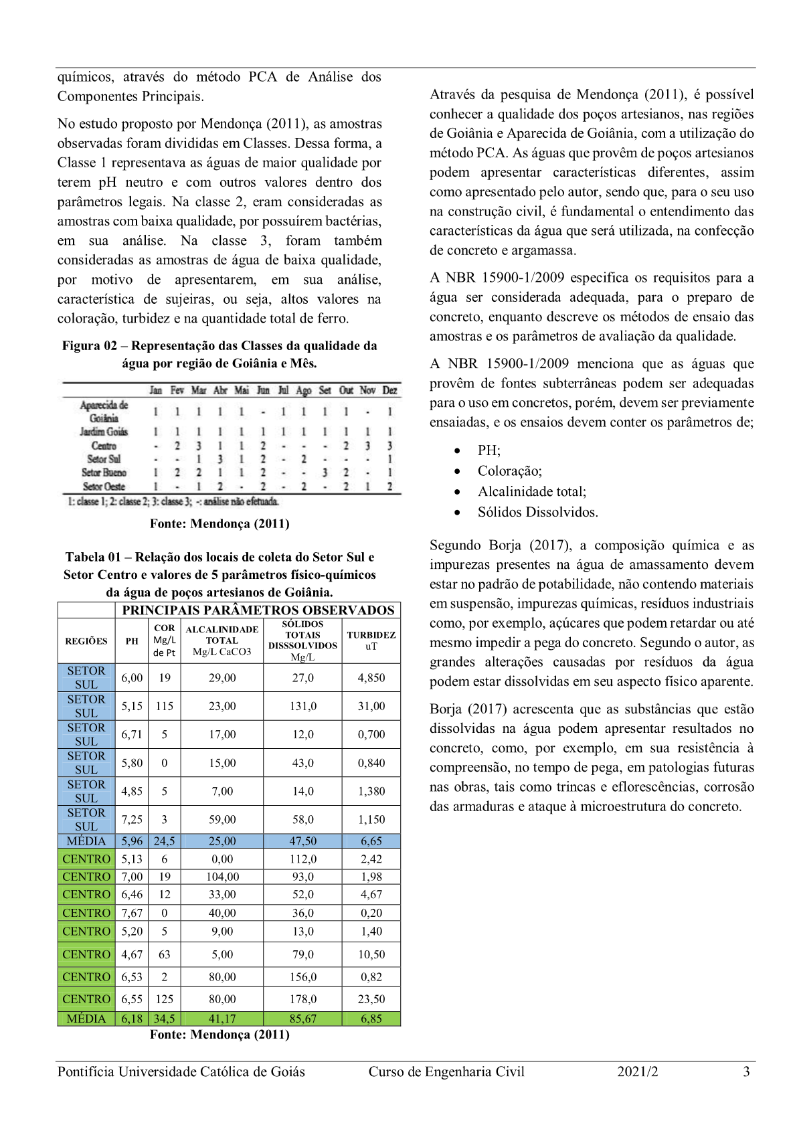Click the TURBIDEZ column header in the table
pos(371,640)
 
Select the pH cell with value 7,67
pos(132,913)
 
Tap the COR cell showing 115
pos(165,706)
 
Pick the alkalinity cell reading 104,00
pos(222,877)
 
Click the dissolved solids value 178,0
pos(303,999)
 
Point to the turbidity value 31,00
pos(371,706)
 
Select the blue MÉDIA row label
pos(86,841)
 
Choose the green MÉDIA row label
pos(86,1019)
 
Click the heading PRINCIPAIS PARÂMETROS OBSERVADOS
pos(258,610)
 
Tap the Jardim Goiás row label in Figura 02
pos(104,432)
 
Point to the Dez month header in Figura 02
pos(389,390)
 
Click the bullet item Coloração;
pos(509,471)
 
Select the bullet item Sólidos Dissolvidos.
pos(537,512)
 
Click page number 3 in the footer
pos(746,1071)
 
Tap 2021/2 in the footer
pos(637,1071)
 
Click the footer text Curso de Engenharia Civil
pos(446,1071)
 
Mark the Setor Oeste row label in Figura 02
pos(104,487)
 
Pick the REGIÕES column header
pos(86,641)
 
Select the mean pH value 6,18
pos(132,1019)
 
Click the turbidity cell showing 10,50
pos(371,954)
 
